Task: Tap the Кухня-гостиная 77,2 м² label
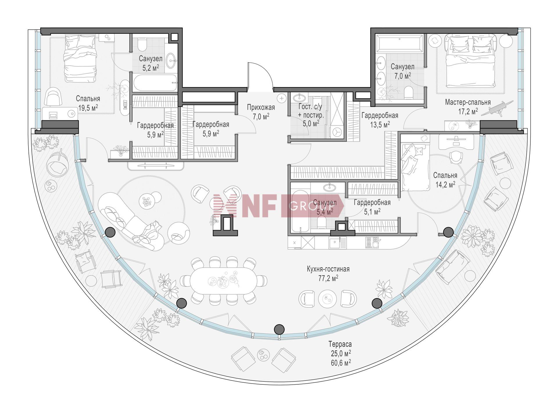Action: (328, 274)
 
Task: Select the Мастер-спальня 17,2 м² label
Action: (468, 107)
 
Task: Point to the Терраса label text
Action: (340, 344)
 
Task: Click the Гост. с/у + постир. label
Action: (310, 111)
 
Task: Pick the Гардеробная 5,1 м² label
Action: (372, 207)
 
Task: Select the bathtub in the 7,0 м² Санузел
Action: (399, 44)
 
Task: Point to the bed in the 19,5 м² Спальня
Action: (80, 58)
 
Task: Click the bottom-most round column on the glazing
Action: (279, 329)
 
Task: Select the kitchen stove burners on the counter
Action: (373, 242)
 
